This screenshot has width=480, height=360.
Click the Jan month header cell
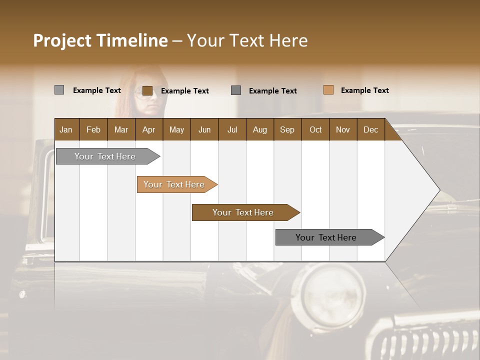tap(66, 129)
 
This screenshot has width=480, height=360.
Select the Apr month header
tap(149, 129)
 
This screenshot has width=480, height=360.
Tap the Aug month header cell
tap(260, 129)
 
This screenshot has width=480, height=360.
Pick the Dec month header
tap(370, 129)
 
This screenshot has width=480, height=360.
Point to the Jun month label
tap(204, 129)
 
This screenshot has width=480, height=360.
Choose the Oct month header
tap(315, 129)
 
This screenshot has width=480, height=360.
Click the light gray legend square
tap(59, 90)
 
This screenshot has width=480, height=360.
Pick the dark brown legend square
tap(147, 90)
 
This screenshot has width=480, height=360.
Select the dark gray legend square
tap(236, 90)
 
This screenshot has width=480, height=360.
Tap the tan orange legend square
tap(328, 90)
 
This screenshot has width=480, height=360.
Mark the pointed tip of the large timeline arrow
tap(439, 190)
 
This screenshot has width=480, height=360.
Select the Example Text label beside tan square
tap(364, 90)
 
